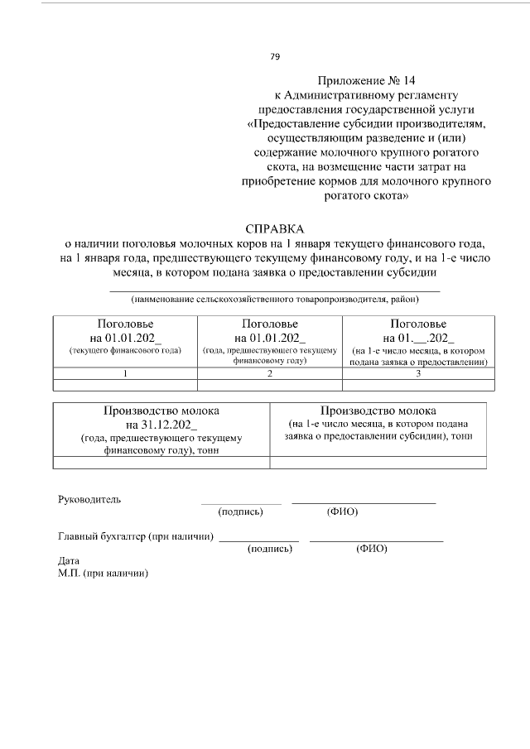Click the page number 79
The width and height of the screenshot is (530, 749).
point(275,56)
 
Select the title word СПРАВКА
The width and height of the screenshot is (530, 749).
point(275,228)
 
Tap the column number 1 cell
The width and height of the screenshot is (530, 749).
point(125,373)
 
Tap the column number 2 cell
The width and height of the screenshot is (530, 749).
point(269,373)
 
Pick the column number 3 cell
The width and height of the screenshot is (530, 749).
point(418,373)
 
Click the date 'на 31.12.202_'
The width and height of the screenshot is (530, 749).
point(161,425)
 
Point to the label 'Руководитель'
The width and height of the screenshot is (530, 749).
point(89,499)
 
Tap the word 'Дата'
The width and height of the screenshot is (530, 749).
point(69,560)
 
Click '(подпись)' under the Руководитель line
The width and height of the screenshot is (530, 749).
point(241,511)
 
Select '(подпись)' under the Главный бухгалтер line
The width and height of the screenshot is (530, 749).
point(270,549)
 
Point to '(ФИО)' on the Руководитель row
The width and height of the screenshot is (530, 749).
point(342,511)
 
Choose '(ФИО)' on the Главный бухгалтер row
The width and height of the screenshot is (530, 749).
point(371,549)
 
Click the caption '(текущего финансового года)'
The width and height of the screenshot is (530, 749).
point(125,351)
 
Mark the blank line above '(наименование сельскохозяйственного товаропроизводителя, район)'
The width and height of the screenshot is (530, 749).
point(275,290)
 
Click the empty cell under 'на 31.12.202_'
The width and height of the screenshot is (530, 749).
point(161,463)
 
